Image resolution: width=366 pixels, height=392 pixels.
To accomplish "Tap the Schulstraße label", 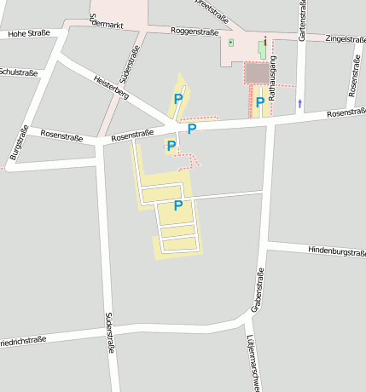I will click(19, 72).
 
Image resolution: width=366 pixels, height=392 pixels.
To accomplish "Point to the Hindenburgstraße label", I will click(336, 251).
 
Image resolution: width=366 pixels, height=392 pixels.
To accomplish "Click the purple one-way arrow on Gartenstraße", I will click(299, 103).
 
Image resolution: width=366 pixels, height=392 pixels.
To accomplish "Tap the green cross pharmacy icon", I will click(230, 42).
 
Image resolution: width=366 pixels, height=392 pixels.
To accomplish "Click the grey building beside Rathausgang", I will click(256, 73).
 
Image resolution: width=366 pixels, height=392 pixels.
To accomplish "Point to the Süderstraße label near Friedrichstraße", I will click(109, 332).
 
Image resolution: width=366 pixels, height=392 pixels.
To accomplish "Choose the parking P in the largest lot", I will click(178, 205).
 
